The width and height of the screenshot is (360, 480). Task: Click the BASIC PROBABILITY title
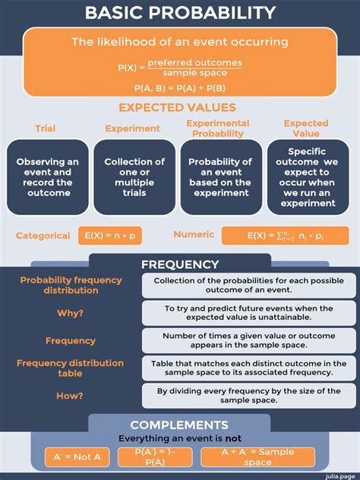(180, 12)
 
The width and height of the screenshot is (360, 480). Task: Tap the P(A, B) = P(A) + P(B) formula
(179, 88)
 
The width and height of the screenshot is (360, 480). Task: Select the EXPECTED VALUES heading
(177, 108)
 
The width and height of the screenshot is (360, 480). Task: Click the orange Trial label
(45, 128)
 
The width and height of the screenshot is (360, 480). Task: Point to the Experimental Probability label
(218, 128)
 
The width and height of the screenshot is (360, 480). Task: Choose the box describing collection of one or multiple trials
(134, 177)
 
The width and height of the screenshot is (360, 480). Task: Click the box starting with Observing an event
(47, 177)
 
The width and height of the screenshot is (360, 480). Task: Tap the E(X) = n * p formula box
(110, 235)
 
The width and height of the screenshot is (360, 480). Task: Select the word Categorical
(43, 235)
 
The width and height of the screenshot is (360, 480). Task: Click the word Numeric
(194, 235)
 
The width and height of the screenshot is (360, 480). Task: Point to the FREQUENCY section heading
(180, 264)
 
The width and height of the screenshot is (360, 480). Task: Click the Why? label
(70, 313)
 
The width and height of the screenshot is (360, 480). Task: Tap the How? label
(70, 395)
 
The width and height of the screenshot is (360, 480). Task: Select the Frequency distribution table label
(70, 368)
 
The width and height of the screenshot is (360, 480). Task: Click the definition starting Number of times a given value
(248, 340)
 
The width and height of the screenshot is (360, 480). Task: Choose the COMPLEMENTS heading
(179, 425)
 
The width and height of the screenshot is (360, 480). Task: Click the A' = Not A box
(77, 457)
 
